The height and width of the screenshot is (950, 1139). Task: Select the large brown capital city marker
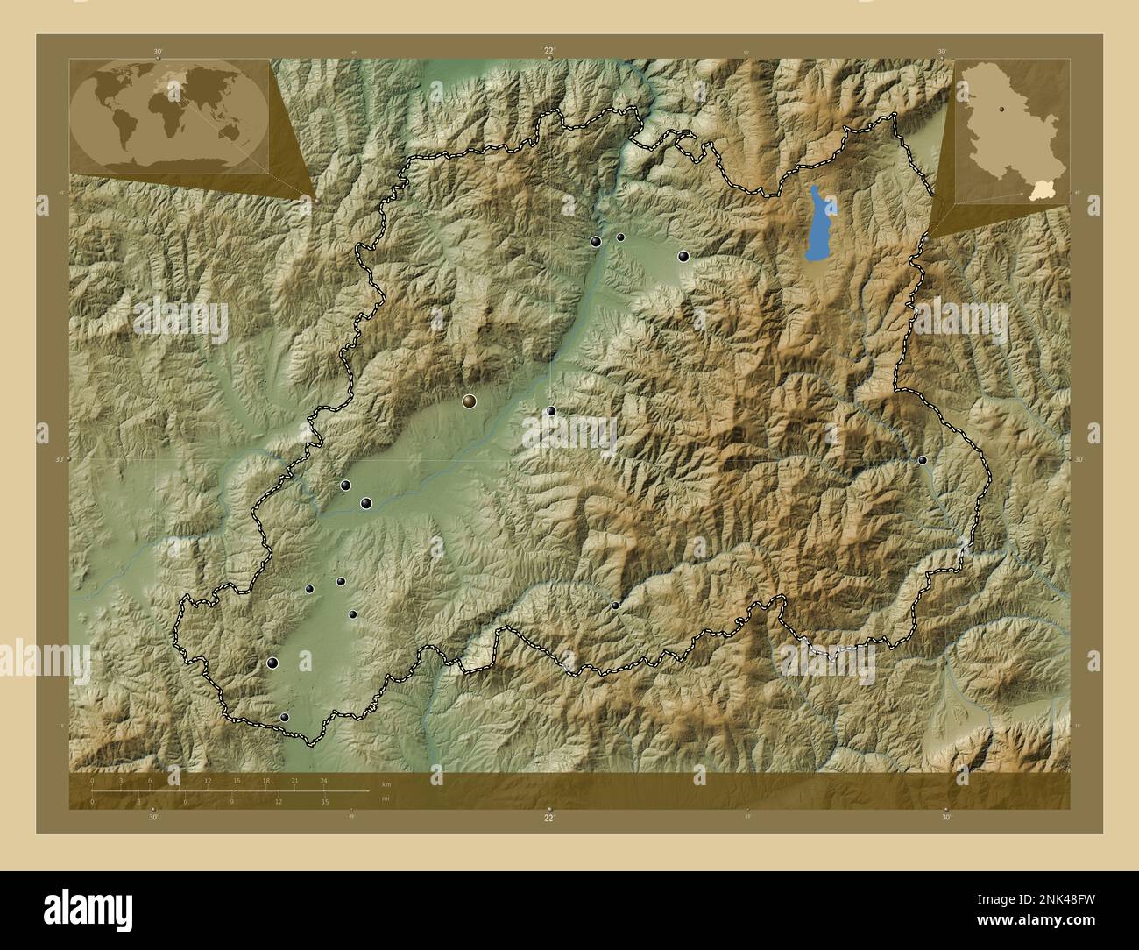470,401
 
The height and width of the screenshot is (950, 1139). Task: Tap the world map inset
169,115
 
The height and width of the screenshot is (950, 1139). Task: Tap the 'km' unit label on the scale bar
386,783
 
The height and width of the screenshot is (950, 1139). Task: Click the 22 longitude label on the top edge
548,52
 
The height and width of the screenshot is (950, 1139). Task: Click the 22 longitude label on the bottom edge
548,818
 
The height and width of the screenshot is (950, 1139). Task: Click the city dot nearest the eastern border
922,460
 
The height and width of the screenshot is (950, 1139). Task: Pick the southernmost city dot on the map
284,717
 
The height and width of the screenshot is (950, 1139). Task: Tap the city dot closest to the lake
683,256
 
